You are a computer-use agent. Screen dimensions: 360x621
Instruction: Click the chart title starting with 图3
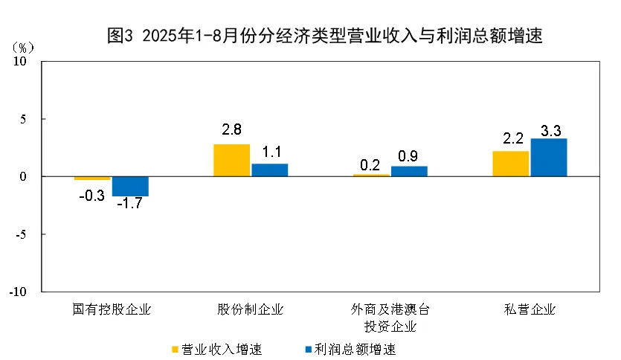pos(325,36)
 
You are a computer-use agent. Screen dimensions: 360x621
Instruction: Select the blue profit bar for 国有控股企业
pos(130,186)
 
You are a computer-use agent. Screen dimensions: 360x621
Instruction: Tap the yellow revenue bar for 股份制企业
pos(231,160)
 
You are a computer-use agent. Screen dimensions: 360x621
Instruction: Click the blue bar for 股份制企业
pos(269,170)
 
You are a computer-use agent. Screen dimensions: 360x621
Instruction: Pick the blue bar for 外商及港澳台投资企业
pos(409,171)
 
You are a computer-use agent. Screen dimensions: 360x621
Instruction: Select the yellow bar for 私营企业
pos(510,164)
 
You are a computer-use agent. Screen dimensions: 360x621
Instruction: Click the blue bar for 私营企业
pos(549,158)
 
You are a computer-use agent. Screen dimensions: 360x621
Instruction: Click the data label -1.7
pos(129,204)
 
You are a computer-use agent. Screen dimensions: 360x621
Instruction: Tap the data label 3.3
pos(551,131)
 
